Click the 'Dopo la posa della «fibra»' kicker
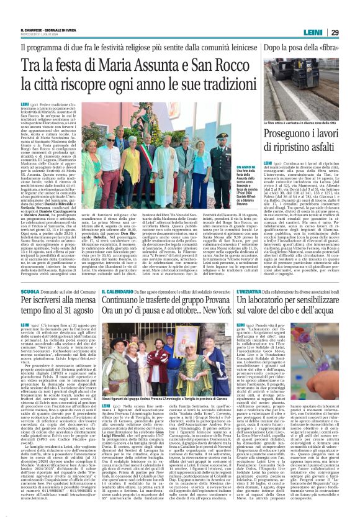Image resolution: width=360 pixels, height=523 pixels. coord(303,47)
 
